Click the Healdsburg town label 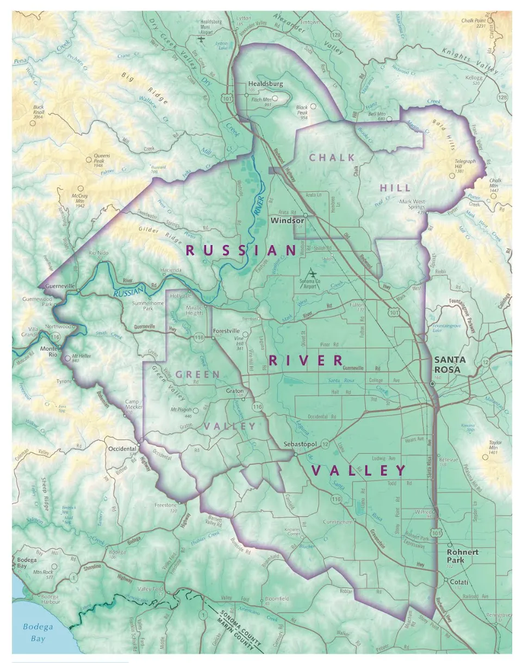(265, 84)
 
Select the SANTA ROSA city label (450, 365)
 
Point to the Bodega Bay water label (38, 633)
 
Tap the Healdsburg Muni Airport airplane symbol (202, 39)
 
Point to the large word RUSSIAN (241, 251)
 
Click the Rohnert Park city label (462, 555)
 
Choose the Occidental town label (121, 449)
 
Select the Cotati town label (460, 582)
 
